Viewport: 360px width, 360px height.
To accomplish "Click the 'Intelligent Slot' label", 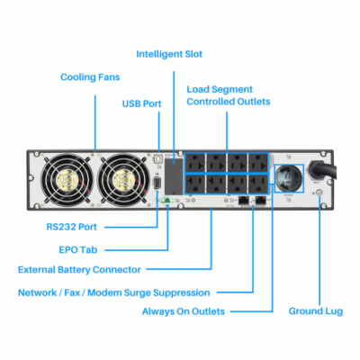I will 169,54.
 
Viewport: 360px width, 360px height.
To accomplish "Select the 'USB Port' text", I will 142,103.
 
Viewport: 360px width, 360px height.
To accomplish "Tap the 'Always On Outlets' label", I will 184,311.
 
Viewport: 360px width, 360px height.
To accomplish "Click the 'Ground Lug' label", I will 314,311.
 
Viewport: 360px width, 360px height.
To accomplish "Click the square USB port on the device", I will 158,158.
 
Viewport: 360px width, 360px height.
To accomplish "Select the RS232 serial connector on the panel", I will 158,184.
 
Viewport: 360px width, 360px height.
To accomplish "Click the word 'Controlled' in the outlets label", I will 213,102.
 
